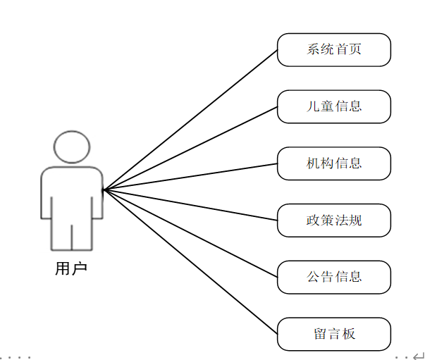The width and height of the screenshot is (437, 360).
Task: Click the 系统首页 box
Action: point(333,50)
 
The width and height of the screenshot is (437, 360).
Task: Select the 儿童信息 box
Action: point(333,106)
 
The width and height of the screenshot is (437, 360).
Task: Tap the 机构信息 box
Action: point(333,163)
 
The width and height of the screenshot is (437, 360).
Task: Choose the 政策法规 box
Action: point(333,221)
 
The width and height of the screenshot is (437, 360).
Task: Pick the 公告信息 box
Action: point(333,277)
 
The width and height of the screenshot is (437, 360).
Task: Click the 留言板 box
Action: point(333,334)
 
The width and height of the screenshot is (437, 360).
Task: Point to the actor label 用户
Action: point(71,268)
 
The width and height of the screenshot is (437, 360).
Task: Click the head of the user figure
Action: point(72,147)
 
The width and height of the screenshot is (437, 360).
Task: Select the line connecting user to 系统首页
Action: point(190,120)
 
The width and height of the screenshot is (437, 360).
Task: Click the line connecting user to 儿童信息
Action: point(190,148)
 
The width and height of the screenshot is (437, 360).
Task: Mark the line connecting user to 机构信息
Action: point(190,176)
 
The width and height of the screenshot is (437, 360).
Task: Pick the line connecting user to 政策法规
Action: point(190,205)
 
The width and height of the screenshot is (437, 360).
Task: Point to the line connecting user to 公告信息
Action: point(190,233)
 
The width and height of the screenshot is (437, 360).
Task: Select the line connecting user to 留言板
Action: point(190,261)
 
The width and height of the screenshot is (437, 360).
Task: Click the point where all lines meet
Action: point(103,190)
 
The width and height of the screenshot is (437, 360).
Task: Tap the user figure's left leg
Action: point(61,232)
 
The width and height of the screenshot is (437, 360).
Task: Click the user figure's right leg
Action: point(82,232)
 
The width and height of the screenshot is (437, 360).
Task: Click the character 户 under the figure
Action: point(79,268)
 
